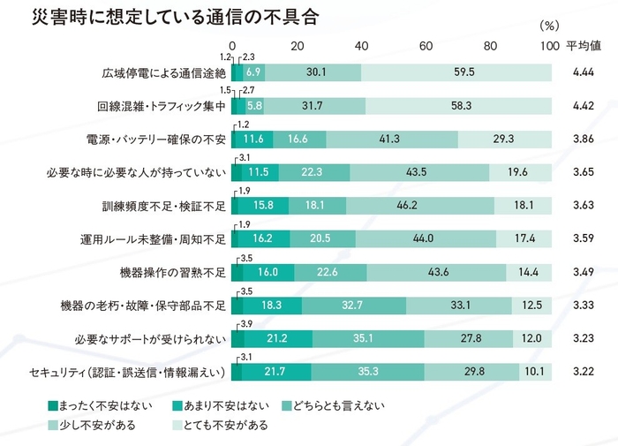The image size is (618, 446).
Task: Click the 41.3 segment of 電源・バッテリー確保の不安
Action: (392, 139)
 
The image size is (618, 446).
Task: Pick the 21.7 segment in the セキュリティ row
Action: (276, 372)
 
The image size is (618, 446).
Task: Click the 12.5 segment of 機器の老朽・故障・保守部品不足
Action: (532, 305)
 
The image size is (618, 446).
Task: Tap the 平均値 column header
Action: (583, 45)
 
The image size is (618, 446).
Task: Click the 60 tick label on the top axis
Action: (426, 45)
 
